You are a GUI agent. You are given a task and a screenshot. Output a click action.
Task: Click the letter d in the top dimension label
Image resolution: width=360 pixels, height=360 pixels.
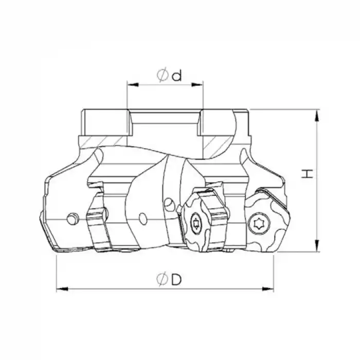[177, 76]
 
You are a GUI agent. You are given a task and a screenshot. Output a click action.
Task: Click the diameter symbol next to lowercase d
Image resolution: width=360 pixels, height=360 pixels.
[162, 76]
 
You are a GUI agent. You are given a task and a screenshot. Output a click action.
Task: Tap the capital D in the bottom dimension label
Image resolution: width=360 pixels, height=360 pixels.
[176, 280]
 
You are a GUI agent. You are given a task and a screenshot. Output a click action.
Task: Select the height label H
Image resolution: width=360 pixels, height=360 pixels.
[307, 174]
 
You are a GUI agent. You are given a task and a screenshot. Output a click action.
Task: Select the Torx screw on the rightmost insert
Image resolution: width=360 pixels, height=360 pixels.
[257, 224]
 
